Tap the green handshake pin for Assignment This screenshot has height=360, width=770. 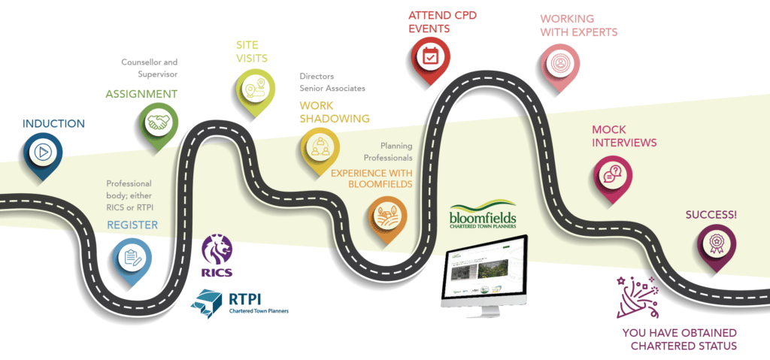[158, 123]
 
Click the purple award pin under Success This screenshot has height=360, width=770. [714, 243]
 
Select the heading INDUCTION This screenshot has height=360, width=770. [53, 123]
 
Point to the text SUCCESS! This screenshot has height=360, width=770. [711, 215]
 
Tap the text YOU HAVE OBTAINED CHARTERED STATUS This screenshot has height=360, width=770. [680, 339]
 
